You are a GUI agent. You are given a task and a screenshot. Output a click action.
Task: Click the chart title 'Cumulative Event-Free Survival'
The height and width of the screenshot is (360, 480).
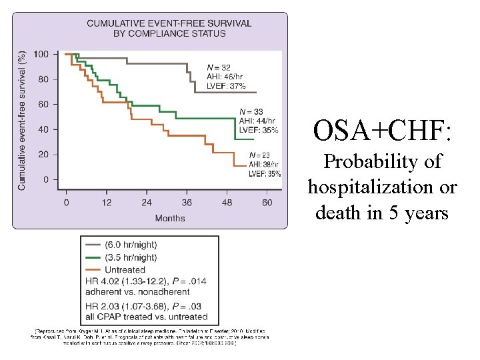[169, 23]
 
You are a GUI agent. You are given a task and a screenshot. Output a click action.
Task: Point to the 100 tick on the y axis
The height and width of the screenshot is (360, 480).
[41, 54]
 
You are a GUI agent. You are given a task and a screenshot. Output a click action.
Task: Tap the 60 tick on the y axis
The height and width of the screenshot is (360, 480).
[43, 104]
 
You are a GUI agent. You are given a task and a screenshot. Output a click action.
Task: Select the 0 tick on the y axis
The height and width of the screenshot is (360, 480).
[45, 179]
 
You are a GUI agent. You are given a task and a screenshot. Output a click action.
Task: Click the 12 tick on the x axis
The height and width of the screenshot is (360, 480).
[106, 202]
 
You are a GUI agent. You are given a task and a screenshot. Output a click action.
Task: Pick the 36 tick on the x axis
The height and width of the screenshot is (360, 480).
[187, 202]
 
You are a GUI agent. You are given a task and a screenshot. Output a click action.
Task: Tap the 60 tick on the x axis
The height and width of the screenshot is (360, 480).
[267, 202]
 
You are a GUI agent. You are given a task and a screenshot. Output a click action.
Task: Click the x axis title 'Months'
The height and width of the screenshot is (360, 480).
[170, 218]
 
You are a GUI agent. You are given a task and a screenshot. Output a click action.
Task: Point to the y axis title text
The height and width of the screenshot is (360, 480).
[22, 120]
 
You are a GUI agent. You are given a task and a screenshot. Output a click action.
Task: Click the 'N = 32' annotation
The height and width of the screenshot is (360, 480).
[219, 67]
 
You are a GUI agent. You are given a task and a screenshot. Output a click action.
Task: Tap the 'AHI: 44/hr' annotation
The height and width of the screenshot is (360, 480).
[255, 121]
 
